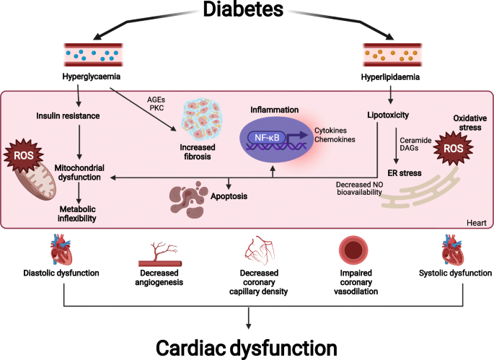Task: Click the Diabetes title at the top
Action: point(243,9)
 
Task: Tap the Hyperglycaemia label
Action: point(92,76)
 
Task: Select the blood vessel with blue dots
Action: point(93,55)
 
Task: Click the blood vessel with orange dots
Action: point(392,55)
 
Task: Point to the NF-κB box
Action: point(267,138)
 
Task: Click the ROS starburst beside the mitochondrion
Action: point(24,155)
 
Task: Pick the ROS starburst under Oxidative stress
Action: point(454,148)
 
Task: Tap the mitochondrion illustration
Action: point(35,183)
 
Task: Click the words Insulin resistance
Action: point(68,116)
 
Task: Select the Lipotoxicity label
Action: point(388,115)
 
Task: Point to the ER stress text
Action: point(405,173)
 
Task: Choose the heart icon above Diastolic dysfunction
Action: point(61,250)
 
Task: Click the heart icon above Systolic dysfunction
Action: point(452,250)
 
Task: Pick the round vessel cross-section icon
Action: point(353,250)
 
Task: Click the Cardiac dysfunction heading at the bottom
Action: point(247,348)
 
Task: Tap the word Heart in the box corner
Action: point(477,223)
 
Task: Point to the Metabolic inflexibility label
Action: point(77,214)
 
